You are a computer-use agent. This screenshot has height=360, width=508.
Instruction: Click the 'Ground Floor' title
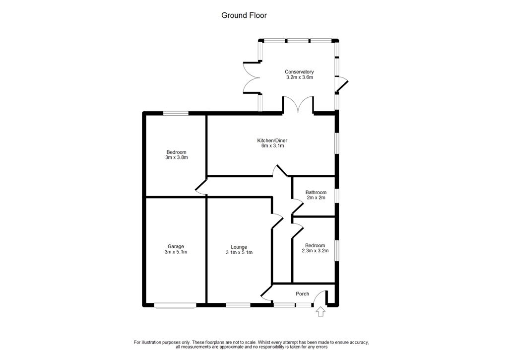click(244, 15)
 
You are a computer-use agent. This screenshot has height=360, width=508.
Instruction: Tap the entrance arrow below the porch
click(320, 311)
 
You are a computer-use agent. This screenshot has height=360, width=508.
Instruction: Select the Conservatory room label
click(299, 72)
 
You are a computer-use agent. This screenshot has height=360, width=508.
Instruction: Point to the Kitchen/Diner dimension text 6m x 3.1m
click(272, 145)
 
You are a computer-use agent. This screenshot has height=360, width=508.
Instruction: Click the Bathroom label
click(316, 192)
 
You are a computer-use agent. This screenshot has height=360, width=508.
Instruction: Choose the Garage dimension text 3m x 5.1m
click(176, 252)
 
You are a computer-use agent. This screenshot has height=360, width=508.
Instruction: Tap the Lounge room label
click(239, 247)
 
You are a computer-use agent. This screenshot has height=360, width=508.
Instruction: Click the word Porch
click(303, 294)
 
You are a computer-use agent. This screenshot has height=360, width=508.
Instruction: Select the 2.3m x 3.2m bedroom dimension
click(315, 251)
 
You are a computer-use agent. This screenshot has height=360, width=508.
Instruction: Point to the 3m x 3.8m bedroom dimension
click(177, 157)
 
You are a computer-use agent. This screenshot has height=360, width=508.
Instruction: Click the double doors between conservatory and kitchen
click(298, 104)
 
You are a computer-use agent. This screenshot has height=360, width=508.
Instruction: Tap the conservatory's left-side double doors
click(252, 78)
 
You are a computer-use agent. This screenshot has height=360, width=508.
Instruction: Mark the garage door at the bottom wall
click(175, 305)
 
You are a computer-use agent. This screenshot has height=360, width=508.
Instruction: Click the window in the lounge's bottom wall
click(238, 305)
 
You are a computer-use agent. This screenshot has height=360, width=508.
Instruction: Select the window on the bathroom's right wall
click(337, 196)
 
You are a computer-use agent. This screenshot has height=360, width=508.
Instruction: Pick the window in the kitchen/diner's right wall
click(337, 143)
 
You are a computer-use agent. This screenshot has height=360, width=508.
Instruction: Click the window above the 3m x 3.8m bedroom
click(176, 113)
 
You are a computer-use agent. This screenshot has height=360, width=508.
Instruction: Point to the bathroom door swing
click(298, 206)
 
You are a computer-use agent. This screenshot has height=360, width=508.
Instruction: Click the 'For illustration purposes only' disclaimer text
click(252, 345)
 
